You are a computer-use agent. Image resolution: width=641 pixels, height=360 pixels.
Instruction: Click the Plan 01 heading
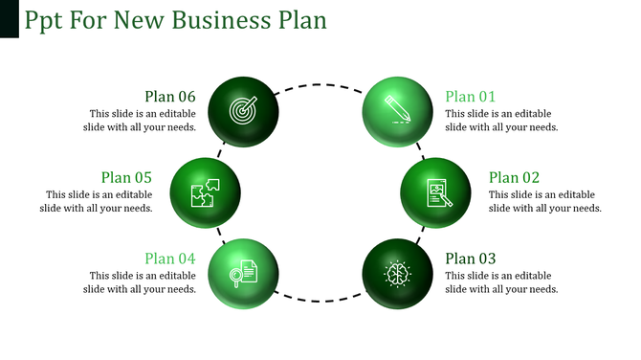pos(471,96)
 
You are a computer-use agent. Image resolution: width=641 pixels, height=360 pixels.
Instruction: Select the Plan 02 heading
pos(514,177)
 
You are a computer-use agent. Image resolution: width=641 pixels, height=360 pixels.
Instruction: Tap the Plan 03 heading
pos(471,259)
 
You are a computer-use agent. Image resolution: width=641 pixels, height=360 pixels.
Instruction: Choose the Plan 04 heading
pos(170,259)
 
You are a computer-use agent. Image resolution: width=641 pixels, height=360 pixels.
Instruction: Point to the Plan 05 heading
pos(127,177)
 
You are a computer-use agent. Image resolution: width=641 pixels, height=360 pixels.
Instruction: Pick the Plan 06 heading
pos(170,96)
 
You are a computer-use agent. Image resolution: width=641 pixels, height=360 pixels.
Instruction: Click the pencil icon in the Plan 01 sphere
pos(397,106)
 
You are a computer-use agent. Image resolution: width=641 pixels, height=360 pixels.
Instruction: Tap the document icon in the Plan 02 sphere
pos(435,193)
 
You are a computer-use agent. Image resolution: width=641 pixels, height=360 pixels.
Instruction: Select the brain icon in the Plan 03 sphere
pos(397,274)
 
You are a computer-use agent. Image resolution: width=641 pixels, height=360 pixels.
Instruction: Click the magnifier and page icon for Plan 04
pos(244,273)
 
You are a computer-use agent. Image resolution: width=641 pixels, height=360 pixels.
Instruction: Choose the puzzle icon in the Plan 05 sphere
pos(205,192)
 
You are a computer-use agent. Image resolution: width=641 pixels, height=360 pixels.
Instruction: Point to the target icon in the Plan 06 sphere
pos(244,111)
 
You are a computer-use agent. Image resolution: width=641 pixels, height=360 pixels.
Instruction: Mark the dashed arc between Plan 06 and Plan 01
pos(320,84)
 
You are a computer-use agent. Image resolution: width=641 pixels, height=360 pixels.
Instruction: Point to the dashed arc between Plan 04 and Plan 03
pos(320,303)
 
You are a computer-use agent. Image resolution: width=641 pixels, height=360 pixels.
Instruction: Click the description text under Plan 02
pos(545,201)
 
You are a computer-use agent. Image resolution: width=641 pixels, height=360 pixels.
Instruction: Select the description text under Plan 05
pos(97,201)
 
